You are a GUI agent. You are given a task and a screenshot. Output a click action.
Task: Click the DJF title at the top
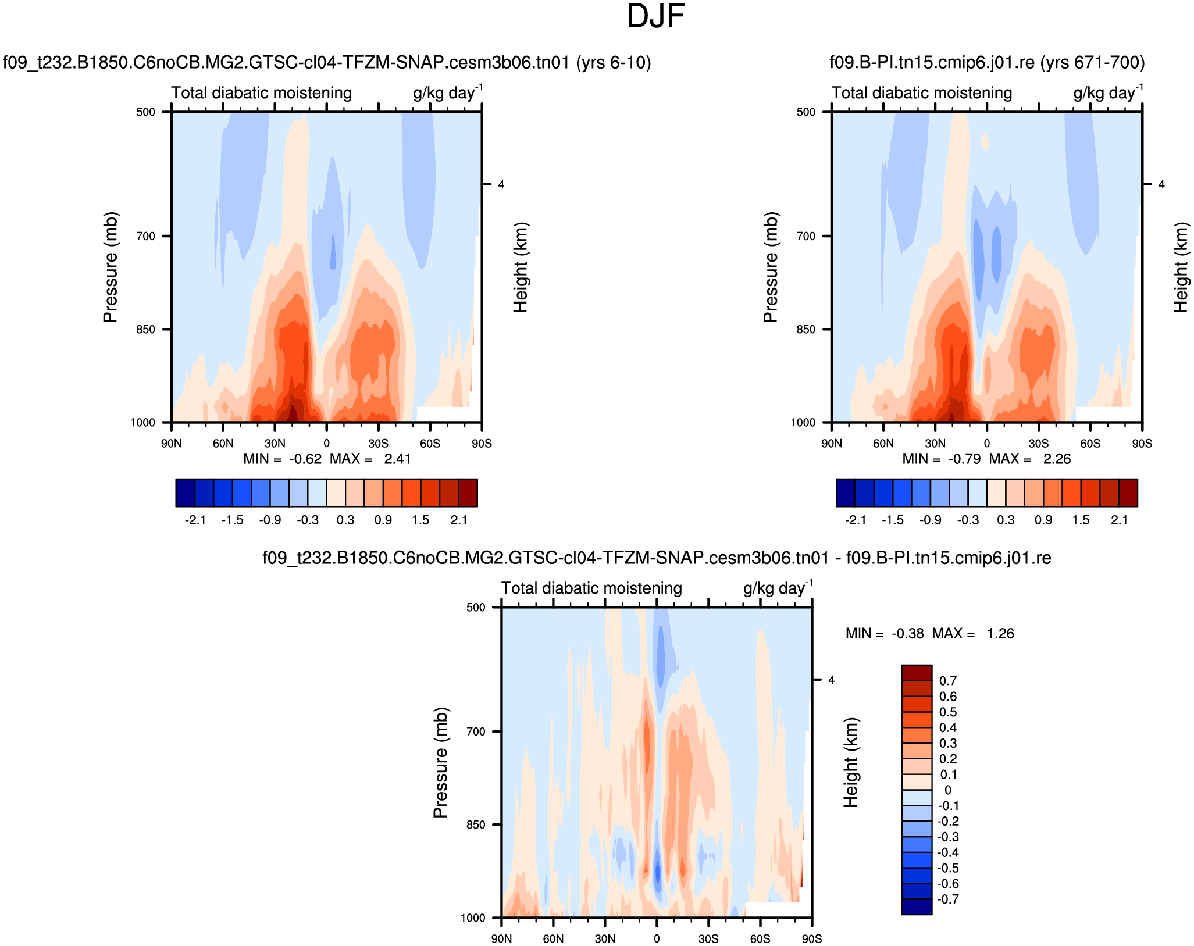(655, 16)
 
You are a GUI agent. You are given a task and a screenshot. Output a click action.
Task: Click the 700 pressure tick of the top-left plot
(145, 236)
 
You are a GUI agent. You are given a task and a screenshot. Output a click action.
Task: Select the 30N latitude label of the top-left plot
(275, 444)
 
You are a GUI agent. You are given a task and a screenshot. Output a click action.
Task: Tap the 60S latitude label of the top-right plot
(1090, 444)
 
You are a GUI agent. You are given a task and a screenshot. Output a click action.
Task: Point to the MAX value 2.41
(397, 459)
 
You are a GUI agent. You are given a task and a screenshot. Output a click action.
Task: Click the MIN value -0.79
(964, 459)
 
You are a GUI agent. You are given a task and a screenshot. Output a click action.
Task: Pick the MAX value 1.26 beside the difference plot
(1000, 634)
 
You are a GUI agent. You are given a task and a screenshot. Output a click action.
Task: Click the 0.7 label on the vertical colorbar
(948, 681)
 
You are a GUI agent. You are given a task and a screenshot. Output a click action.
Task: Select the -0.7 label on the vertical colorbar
(948, 899)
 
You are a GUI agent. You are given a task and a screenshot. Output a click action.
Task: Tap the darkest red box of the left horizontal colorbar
(468, 493)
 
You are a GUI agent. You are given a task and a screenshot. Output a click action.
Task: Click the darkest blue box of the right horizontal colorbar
(846, 493)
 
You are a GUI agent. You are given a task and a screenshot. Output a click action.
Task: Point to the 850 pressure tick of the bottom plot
(476, 825)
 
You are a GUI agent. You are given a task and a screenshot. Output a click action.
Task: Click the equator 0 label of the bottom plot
(657, 939)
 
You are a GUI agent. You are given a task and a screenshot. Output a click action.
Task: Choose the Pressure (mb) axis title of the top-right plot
(771, 267)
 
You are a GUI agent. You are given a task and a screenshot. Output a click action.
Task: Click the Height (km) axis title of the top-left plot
(521, 267)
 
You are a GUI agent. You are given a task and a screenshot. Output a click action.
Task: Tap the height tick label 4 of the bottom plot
(831, 680)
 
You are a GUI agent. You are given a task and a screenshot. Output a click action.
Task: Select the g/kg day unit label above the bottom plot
(778, 588)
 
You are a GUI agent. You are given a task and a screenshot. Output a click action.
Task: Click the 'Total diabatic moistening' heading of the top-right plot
(922, 93)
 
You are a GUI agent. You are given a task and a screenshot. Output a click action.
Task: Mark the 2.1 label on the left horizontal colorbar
(459, 520)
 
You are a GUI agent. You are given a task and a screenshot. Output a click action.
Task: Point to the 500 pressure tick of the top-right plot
(805, 112)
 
